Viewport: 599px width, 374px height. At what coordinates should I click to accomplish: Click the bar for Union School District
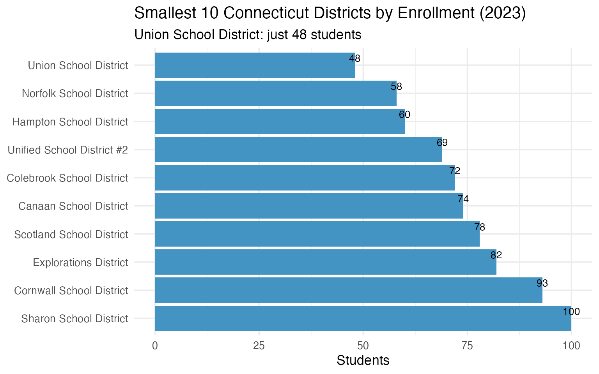point(255,65)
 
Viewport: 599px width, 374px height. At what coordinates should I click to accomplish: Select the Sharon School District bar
point(363,318)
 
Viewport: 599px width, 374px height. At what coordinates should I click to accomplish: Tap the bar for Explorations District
point(325,262)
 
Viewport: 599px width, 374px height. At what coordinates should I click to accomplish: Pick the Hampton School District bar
point(280,121)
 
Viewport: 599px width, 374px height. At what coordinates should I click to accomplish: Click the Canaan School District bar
point(309,206)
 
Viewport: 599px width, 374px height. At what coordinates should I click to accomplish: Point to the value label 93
point(542,283)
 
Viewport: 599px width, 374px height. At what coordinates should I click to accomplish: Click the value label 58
point(396,86)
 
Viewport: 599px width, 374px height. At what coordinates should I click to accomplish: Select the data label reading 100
point(571,312)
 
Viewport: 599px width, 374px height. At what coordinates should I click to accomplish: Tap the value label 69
point(442,143)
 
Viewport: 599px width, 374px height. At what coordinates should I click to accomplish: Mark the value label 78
point(479,227)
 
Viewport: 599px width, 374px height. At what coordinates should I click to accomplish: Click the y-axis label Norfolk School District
point(75,93)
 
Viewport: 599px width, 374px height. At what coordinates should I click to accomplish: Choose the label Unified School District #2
point(68,150)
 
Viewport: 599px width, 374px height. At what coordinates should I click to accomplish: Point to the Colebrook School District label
point(67,178)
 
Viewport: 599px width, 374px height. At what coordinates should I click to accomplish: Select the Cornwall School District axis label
point(71,291)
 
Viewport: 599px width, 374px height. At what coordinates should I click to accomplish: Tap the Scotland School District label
point(71,235)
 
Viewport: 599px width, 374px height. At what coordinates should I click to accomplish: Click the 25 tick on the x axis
point(259,346)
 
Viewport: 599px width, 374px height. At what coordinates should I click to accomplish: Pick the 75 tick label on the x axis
point(467,346)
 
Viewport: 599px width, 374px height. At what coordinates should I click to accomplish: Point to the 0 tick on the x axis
point(155,346)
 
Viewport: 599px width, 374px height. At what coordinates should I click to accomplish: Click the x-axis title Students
point(363,360)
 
